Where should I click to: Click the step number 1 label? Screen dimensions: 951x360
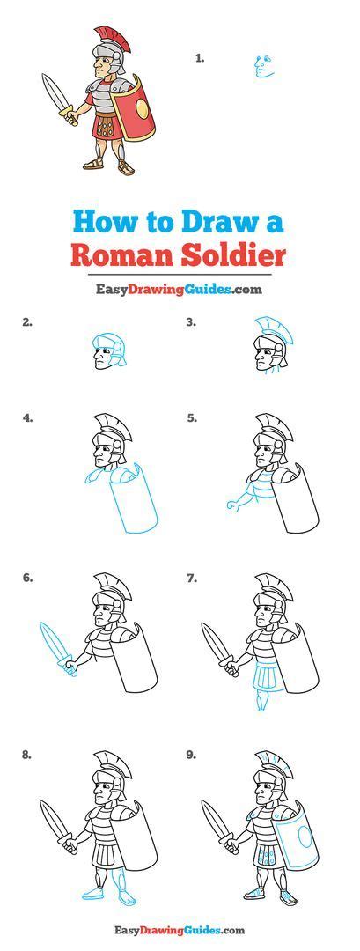pyautogui.click(x=200, y=58)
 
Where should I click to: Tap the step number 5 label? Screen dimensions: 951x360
pyautogui.click(x=191, y=418)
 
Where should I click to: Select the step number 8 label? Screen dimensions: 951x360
pyautogui.click(x=28, y=755)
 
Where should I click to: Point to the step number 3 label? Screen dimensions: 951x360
pyautogui.click(x=191, y=322)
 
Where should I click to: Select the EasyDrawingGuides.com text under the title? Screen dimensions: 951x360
pyautogui.click(x=180, y=289)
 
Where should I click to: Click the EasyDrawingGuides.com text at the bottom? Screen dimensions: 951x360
pyautogui.click(x=180, y=929)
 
